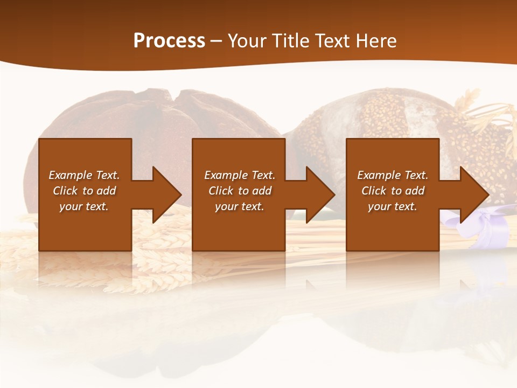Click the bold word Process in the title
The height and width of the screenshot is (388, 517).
click(169, 41)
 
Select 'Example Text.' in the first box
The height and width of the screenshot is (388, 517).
click(84, 175)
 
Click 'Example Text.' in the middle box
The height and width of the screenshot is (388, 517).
click(240, 175)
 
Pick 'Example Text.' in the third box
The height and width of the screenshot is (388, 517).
click(393, 175)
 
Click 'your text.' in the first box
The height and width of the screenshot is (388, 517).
click(84, 206)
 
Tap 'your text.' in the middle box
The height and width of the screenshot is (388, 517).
click(240, 206)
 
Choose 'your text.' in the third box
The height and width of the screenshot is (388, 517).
click(393, 206)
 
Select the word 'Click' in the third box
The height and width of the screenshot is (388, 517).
click(374, 191)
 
